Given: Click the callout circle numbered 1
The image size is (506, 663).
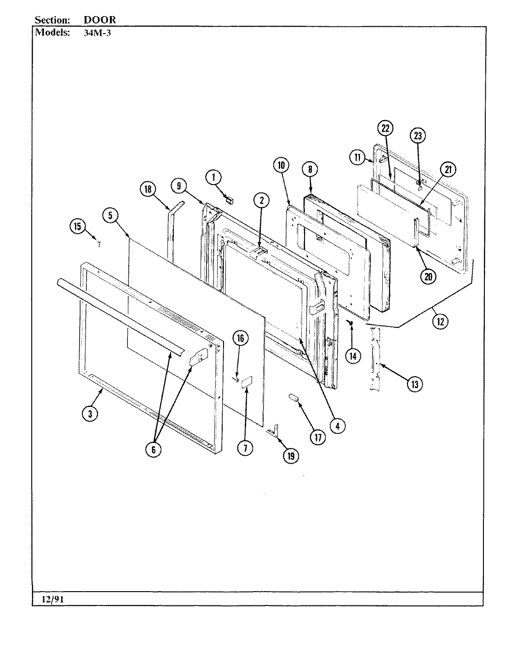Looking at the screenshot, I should (213, 176).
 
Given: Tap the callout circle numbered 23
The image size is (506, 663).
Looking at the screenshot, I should (418, 135).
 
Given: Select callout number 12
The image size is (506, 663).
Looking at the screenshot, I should (440, 321).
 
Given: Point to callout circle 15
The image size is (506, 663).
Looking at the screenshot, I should (77, 226).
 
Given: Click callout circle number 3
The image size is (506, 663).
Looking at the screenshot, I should (90, 413).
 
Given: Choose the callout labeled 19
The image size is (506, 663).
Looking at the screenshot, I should (291, 456).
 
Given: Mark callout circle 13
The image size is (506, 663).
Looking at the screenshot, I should (414, 384).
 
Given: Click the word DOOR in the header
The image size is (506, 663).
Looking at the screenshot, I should (100, 20).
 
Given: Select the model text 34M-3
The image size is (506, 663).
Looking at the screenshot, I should (97, 33).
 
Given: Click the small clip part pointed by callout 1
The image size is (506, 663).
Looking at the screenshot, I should (230, 200).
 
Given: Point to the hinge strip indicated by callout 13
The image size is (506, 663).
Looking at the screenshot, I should (376, 359).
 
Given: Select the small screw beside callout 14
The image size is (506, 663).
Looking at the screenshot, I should (351, 324).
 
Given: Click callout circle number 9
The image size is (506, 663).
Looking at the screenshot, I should (179, 186).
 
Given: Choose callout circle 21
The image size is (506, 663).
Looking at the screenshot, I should (447, 169).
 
